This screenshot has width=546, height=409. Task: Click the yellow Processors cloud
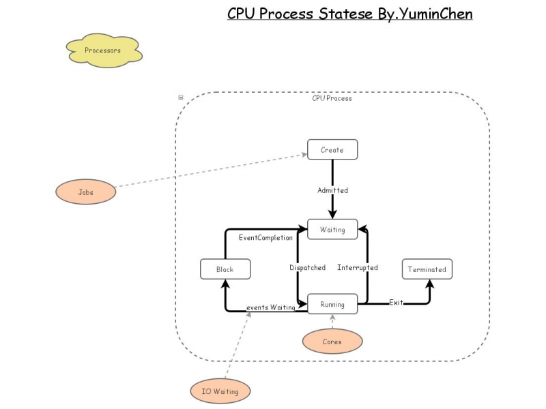pyautogui.click(x=103, y=50)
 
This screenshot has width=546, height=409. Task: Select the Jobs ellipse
pyautogui.click(x=85, y=192)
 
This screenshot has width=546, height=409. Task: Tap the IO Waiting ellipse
pyautogui.click(x=220, y=391)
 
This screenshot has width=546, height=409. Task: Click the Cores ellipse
pyautogui.click(x=332, y=342)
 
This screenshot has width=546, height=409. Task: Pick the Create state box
pyautogui.click(x=332, y=150)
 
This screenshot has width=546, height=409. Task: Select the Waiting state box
pyautogui.click(x=332, y=230)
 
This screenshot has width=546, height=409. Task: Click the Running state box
pyautogui.click(x=332, y=305)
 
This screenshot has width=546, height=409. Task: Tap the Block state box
pyautogui.click(x=225, y=269)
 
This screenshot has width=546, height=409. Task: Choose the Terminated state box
pyautogui.click(x=427, y=269)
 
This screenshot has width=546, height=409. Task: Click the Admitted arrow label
pyautogui.click(x=332, y=190)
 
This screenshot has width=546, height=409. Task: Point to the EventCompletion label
pyautogui.click(x=265, y=238)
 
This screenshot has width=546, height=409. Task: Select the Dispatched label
pyautogui.click(x=307, y=268)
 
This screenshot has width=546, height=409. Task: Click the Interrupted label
pyautogui.click(x=357, y=268)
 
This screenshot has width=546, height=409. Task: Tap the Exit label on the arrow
pyautogui.click(x=396, y=302)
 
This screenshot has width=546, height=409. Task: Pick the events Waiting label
pyautogui.click(x=270, y=307)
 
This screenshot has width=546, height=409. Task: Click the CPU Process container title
pyautogui.click(x=332, y=98)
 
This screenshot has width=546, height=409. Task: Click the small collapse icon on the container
pyautogui.click(x=181, y=97)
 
